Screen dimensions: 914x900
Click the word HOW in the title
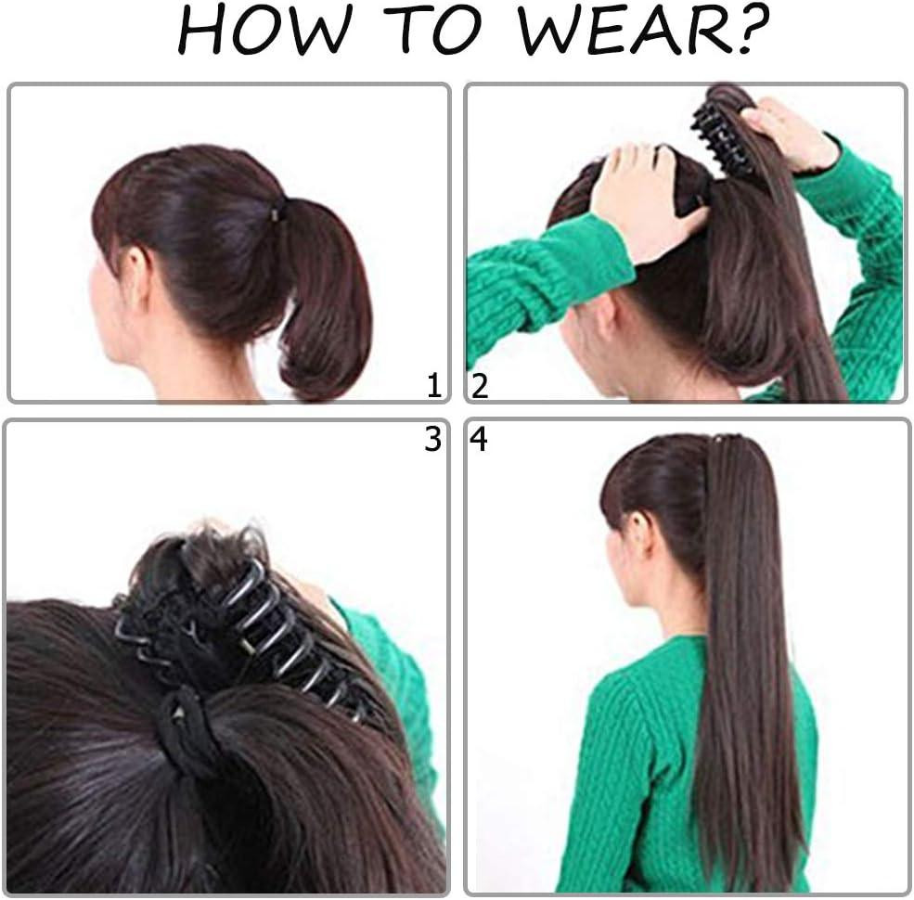(264, 30)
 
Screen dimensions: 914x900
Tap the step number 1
(433, 385)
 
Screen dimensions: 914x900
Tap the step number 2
(479, 386)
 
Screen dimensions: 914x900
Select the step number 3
(432, 439)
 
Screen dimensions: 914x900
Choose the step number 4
(479, 439)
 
